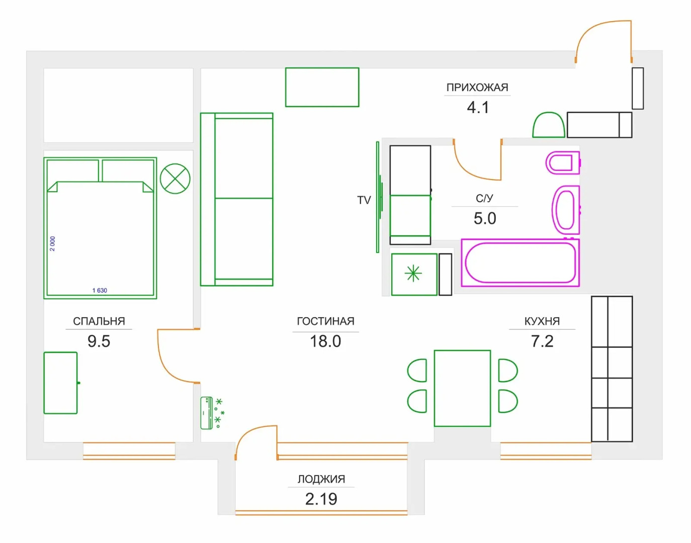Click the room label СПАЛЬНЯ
[x=99, y=321]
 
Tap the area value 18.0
[x=325, y=341]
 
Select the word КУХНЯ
[x=542, y=321]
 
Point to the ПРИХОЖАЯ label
[x=477, y=87]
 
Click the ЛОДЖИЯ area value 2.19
[x=321, y=499]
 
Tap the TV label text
[x=364, y=200]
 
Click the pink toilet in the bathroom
[x=563, y=163]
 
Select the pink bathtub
[x=520, y=263]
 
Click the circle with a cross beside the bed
[x=175, y=178]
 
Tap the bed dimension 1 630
[x=100, y=290]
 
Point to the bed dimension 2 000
[x=52, y=243]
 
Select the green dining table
[x=462, y=388]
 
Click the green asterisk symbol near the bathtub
[x=413, y=274]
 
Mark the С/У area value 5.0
[x=485, y=218]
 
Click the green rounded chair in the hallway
[x=549, y=125]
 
